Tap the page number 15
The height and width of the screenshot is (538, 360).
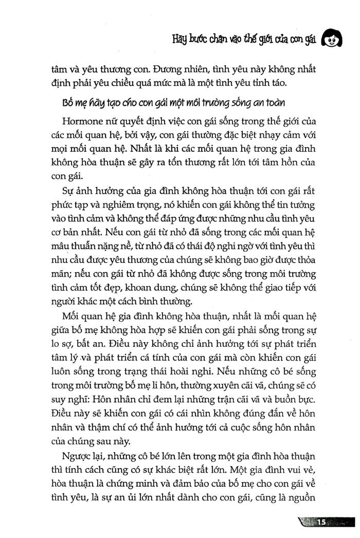point(322,523)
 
